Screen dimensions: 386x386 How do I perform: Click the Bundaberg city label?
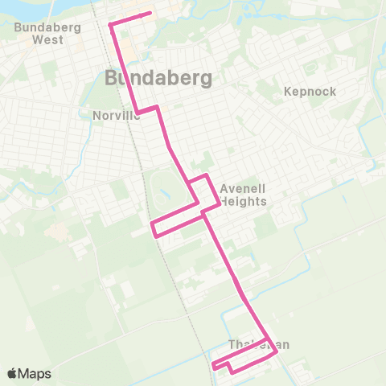click(158, 78)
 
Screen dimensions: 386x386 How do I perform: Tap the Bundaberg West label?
click(39, 32)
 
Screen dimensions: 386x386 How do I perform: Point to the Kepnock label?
click(310, 92)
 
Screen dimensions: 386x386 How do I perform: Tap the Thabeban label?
click(258, 344)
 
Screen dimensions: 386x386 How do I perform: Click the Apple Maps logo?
click(28, 374)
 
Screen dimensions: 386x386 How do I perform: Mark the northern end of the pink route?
click(150, 14)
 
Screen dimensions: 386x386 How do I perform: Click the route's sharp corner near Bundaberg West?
click(110, 25)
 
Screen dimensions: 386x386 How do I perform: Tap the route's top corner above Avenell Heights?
click(207, 175)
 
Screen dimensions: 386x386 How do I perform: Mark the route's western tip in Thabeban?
click(214, 367)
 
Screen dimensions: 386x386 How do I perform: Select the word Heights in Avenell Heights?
click(243, 201)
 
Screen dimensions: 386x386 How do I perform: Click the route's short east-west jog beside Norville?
click(147, 109)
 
